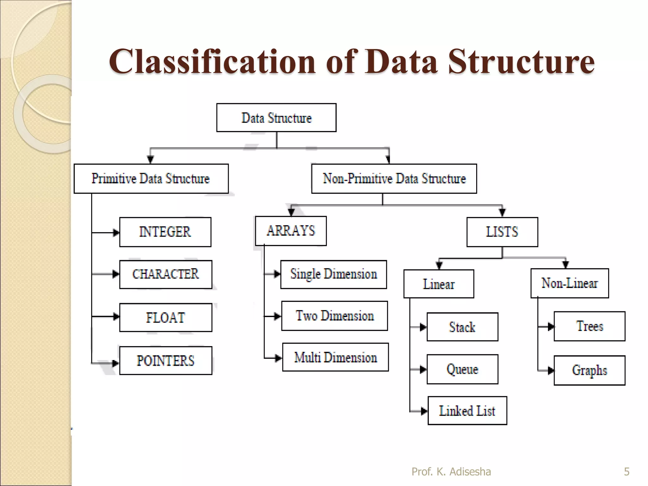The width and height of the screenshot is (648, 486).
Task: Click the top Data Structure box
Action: [276, 118]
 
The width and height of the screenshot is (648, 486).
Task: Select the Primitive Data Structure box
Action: [151, 179]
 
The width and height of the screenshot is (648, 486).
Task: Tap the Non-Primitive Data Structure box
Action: [394, 179]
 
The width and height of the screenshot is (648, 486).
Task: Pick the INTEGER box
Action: [165, 232]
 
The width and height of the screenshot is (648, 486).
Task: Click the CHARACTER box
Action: [165, 274]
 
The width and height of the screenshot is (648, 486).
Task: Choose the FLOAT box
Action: [165, 317]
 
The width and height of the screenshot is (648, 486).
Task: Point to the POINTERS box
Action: [165, 361]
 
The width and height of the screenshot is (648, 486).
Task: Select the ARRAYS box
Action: [291, 231]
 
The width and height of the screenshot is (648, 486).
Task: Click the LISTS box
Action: [502, 232]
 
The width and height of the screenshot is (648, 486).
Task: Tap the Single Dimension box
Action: [333, 274]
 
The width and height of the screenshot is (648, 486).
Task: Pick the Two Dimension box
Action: [334, 316]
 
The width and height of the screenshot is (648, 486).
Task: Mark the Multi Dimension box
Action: [335, 357]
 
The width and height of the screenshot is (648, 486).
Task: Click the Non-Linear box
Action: [570, 283]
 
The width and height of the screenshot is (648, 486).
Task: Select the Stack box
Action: [462, 327]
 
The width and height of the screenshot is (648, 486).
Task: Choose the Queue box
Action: [462, 369]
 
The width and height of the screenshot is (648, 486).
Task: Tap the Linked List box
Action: [467, 411]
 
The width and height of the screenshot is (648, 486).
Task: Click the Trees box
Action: [589, 326]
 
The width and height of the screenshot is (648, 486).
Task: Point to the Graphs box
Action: [589, 370]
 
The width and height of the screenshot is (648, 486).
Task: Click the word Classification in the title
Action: [212, 62]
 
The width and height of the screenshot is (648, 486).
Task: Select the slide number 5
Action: [626, 472]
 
